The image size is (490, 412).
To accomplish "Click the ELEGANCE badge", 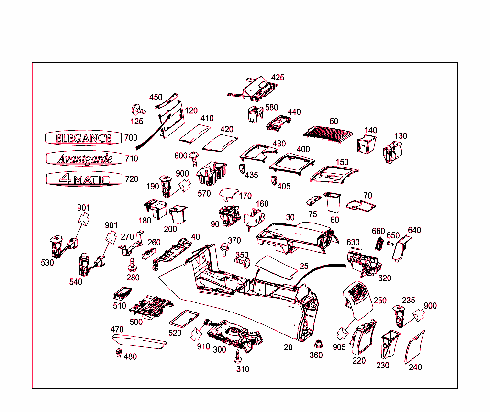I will coord(84,138).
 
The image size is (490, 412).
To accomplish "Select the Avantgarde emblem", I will coord(84,158).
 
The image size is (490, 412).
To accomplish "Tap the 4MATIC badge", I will coord(84,179).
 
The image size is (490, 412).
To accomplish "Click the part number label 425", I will coord(278,78).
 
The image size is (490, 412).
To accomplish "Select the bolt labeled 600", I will coord(195,157).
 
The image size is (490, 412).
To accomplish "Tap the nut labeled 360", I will coord(316,345).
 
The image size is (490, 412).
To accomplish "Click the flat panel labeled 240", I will coord(415,347).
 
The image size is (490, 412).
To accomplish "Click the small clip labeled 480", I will coord(117,354).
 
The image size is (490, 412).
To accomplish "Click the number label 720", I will coord(131,179).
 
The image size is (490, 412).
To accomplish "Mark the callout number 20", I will coord(288,347).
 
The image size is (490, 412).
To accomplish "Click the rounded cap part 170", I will coord(228,195).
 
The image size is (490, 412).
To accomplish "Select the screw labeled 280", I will coord(132,264).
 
